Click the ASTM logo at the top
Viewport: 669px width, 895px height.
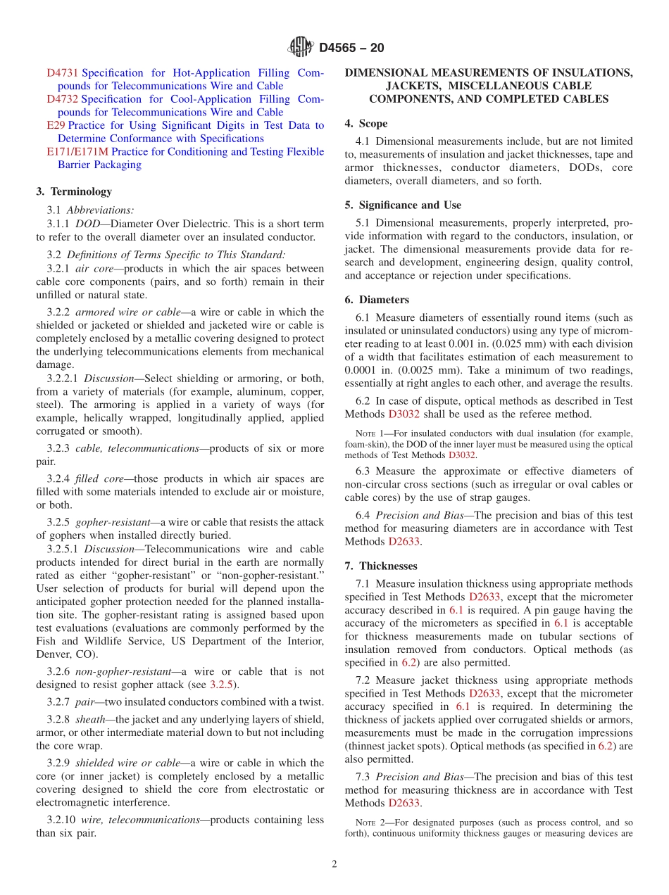[301, 48]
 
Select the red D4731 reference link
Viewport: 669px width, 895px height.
[63, 73]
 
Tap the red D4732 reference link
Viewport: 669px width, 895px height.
[63, 99]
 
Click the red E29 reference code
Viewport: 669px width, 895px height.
[56, 125]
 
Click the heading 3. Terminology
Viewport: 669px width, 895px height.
[74, 191]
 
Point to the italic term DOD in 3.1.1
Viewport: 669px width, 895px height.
[87, 223]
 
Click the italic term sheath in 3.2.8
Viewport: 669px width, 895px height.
[89, 719]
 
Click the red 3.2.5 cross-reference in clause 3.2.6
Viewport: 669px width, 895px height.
[222, 685]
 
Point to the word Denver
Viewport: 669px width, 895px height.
[54, 654]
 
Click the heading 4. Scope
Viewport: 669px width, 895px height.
[365, 123]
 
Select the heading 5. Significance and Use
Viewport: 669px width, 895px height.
[403, 205]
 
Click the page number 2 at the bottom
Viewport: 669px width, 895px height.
[334, 864]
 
